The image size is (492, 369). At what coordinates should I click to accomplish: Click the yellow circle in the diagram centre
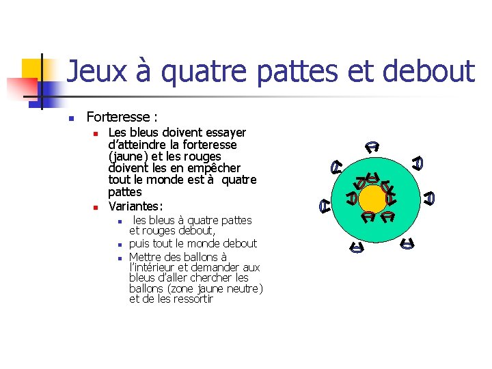[373, 200]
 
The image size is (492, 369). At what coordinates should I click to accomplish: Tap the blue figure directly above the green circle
[372, 146]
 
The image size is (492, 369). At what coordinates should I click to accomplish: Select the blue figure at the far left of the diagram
[327, 204]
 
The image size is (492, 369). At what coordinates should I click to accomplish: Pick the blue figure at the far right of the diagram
[429, 198]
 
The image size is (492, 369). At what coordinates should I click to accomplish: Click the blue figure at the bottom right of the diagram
[407, 243]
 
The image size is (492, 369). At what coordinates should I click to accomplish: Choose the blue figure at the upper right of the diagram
[418, 163]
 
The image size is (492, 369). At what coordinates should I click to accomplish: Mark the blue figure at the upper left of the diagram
[336, 166]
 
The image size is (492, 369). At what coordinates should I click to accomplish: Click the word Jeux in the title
[91, 71]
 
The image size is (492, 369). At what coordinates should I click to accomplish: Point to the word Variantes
[135, 205]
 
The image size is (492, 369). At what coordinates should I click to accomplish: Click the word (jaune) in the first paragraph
[127, 156]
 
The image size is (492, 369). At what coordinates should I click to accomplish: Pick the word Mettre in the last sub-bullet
[147, 256]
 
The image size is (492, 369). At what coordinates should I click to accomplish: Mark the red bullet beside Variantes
[97, 206]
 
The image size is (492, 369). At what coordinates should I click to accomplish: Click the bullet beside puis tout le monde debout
[119, 244]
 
